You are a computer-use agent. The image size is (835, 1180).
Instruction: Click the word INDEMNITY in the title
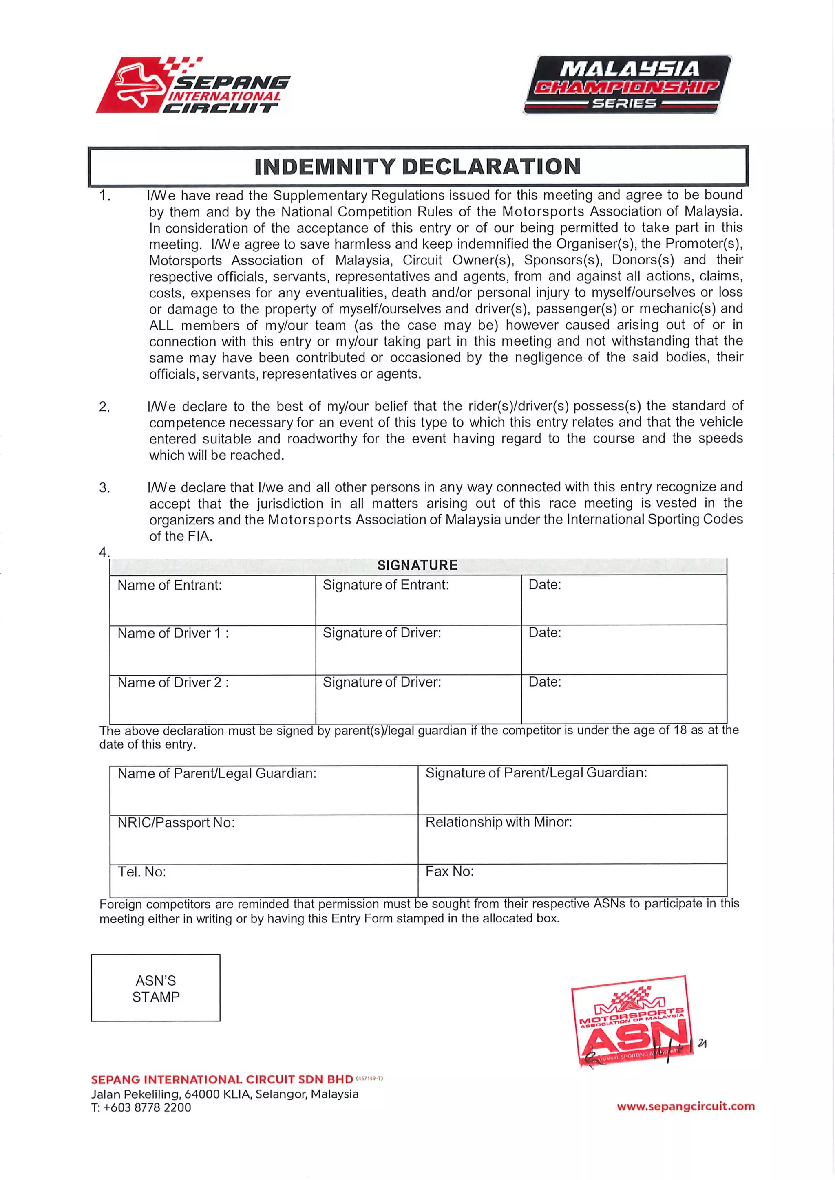(325, 167)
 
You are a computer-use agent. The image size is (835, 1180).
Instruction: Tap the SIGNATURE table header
(417, 565)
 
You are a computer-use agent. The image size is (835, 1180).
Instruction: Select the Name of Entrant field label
(170, 586)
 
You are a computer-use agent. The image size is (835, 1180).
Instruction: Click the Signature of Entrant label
(386, 585)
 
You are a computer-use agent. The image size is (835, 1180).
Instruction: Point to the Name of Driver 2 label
(173, 682)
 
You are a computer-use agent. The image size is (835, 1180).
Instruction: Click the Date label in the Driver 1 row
(544, 633)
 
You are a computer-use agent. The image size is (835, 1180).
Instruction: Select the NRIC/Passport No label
(176, 823)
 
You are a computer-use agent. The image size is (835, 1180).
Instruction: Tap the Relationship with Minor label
(498, 822)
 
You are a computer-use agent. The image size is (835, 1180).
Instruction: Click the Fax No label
(449, 872)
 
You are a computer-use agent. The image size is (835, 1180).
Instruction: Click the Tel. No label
(141, 872)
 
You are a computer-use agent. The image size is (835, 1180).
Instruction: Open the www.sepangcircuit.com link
(686, 1107)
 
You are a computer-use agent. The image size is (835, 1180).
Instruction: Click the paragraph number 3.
(104, 488)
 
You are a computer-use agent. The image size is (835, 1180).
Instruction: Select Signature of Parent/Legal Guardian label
(536, 773)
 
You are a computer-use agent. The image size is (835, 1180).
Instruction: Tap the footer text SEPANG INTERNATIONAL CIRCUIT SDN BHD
(222, 1080)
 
